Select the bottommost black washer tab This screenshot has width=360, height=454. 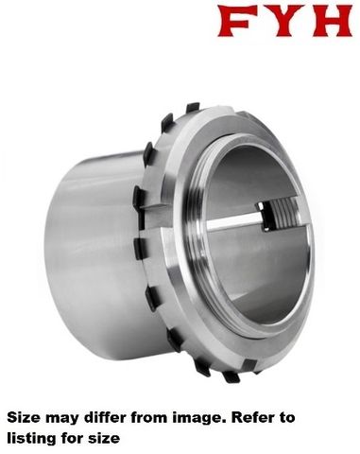click(x=231, y=376)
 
